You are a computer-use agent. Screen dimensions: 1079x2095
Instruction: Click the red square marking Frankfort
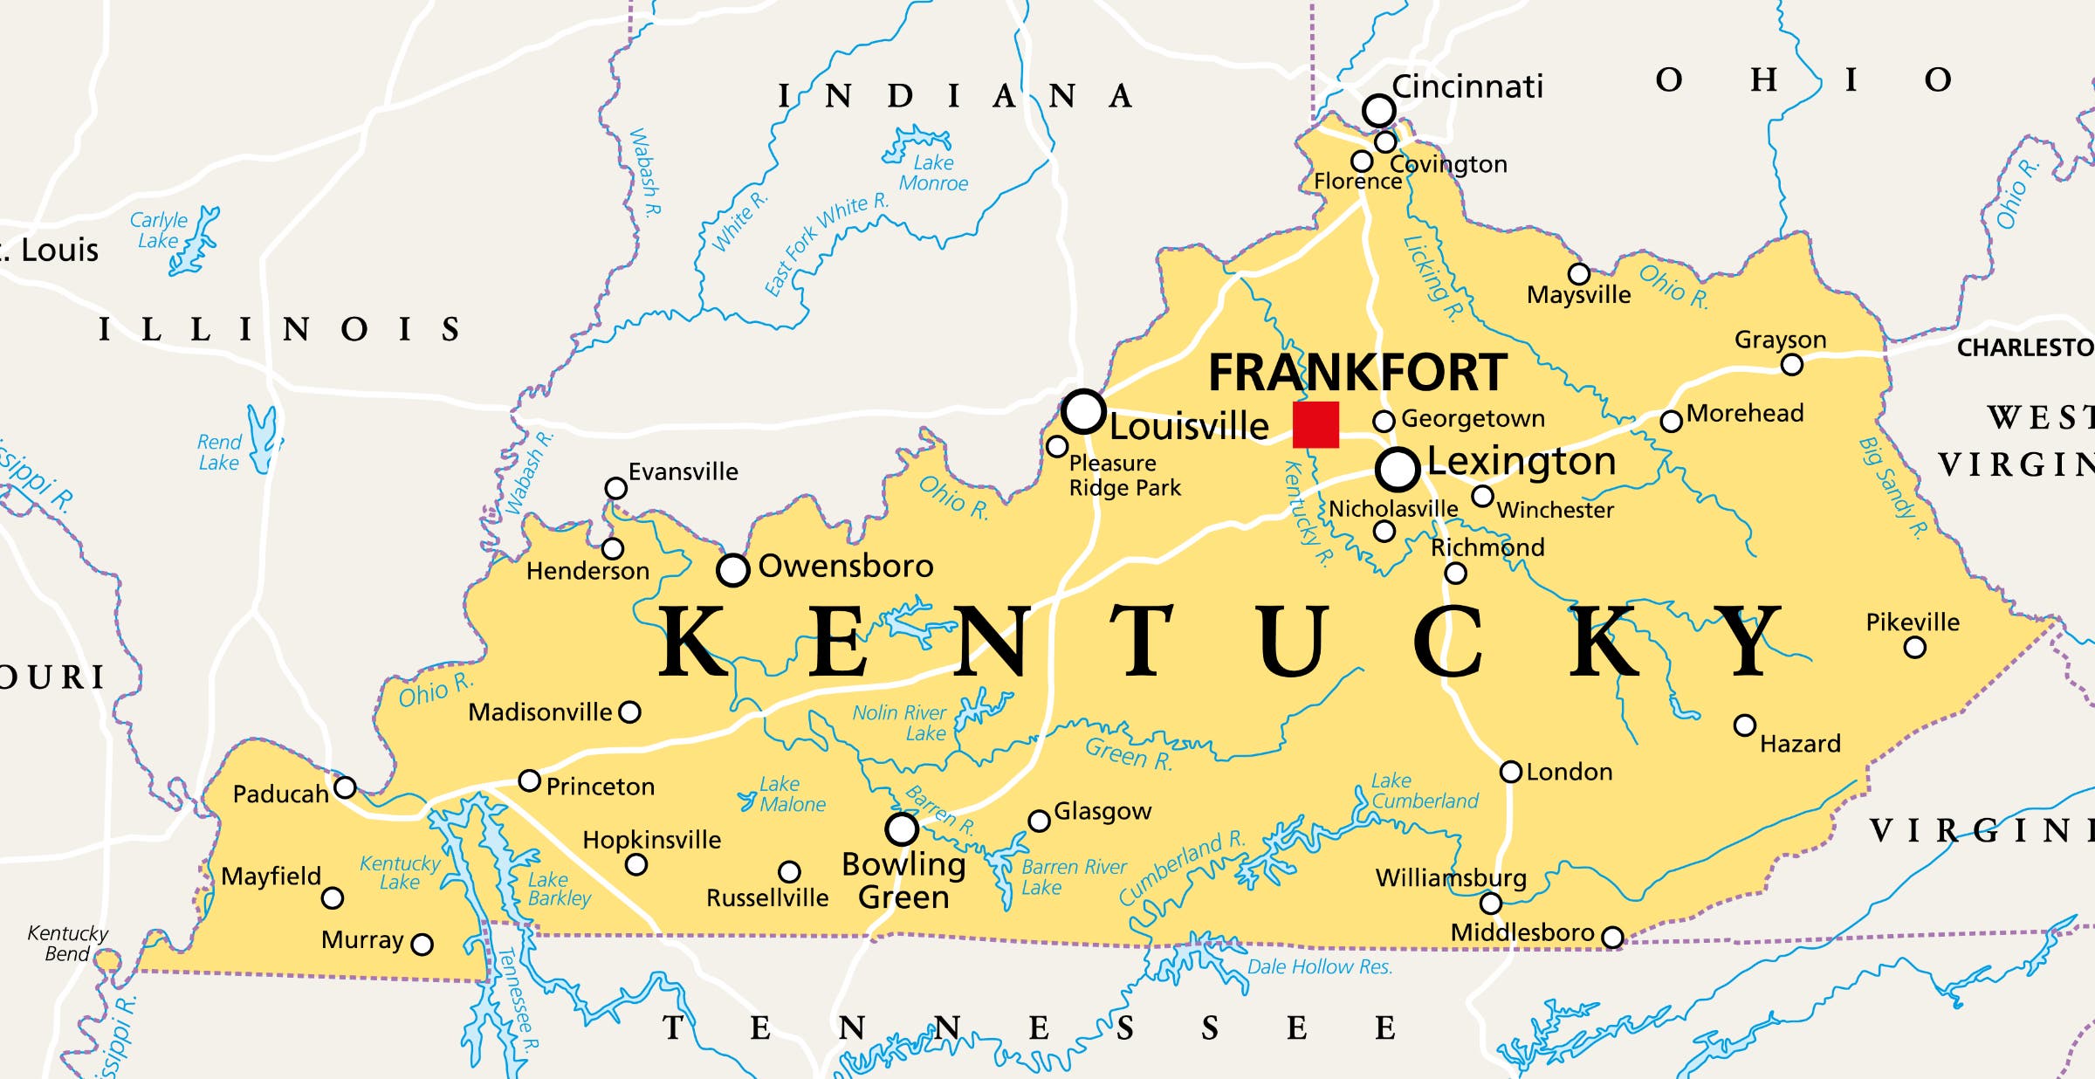1315,424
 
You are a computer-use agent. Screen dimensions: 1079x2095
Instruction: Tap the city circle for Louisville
1083,411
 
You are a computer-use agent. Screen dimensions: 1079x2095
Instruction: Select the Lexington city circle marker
1398,469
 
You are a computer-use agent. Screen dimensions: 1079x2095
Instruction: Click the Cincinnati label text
1467,86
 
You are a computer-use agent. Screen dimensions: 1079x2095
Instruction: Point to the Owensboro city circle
733,570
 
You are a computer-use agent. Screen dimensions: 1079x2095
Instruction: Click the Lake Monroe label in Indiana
933,173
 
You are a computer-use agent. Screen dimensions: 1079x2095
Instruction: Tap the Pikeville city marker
1914,648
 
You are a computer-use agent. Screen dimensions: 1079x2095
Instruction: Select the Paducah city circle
346,787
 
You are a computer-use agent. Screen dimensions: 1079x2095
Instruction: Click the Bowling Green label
903,880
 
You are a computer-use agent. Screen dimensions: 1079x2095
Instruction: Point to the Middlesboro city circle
1612,938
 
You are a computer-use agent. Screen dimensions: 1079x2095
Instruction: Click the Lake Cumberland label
1424,791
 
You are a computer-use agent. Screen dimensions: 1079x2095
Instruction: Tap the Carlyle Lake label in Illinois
158,230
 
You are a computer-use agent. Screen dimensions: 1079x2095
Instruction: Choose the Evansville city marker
615,488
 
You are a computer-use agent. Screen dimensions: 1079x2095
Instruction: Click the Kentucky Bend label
67,944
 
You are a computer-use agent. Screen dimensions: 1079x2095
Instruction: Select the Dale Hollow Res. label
1319,966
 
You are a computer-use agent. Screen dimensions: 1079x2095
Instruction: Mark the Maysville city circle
1578,274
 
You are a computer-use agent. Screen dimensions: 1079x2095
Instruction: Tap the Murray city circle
422,944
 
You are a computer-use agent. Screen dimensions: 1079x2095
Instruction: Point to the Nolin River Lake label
899,723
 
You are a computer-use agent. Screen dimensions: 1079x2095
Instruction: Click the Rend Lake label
218,452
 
